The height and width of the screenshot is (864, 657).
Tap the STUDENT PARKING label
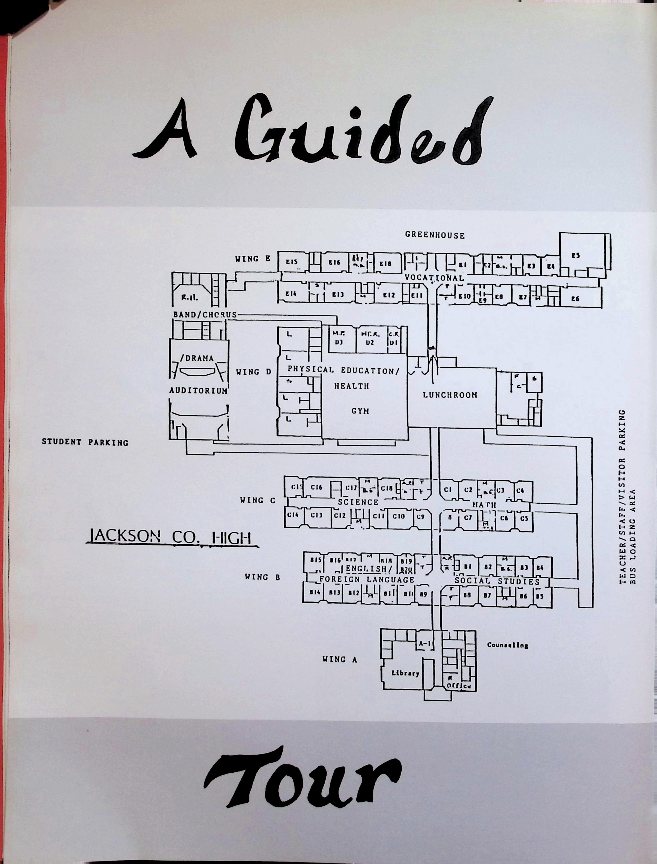(85, 442)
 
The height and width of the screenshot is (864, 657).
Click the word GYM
(360, 411)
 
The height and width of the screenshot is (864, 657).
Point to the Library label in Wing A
(405, 673)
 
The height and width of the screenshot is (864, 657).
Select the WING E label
(252, 259)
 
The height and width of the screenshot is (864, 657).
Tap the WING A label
(339, 659)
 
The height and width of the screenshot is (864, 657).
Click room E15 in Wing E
(292, 262)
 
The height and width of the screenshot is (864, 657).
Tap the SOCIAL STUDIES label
(497, 581)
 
